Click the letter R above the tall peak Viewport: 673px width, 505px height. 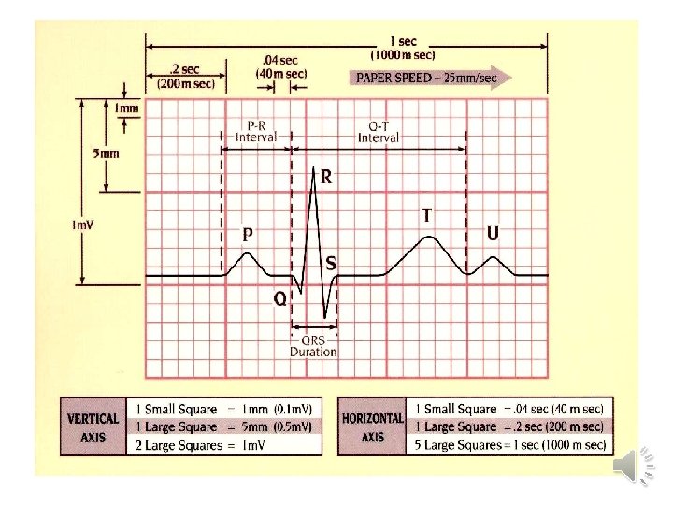pyautogui.click(x=327, y=176)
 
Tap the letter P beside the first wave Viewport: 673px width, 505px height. pyautogui.click(x=249, y=235)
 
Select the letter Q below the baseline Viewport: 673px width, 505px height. pyautogui.click(x=279, y=298)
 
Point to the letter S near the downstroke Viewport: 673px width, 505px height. pyautogui.click(x=331, y=265)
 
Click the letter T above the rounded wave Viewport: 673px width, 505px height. pyautogui.click(x=426, y=215)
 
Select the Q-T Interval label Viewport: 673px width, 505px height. pyautogui.click(x=379, y=131)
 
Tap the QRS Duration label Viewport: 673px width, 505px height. pyautogui.click(x=313, y=346)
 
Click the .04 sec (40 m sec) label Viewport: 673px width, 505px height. pyautogui.click(x=281, y=67)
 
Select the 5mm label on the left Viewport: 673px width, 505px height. pyautogui.click(x=105, y=153)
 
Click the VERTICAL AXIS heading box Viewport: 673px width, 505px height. pyautogui.click(x=93, y=427)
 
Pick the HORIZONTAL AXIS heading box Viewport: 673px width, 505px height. pyautogui.click(x=373, y=427)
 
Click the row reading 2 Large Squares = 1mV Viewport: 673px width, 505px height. pyautogui.click(x=224, y=445)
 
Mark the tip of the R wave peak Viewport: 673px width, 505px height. pyautogui.click(x=315, y=169)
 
